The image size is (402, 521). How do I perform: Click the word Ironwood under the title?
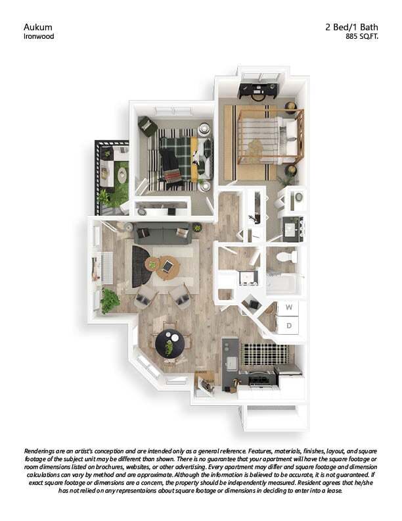click(x=39, y=37)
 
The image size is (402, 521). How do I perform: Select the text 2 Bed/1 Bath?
click(x=352, y=27)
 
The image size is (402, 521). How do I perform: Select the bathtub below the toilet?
click(x=282, y=283)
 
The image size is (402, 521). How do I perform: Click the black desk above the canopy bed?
click(x=259, y=90)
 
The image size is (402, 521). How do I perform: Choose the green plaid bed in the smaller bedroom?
click(x=177, y=159)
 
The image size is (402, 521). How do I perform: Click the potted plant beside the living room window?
click(x=110, y=301)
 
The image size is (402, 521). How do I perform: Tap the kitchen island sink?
click(x=231, y=361)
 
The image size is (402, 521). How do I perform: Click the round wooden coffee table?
click(x=167, y=266)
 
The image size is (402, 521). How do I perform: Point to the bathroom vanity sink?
click(x=290, y=230)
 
